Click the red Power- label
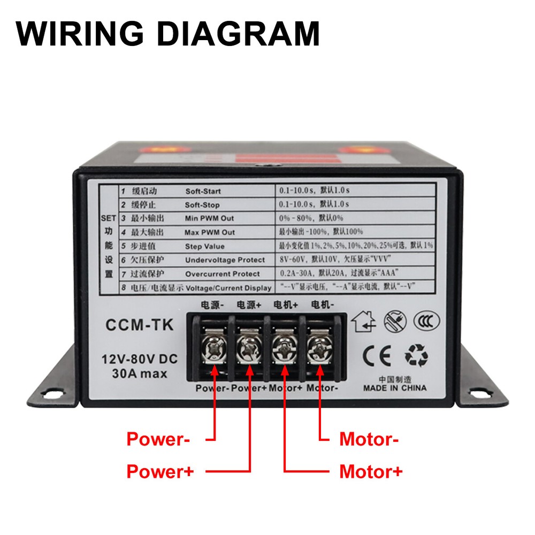pyautogui.click(x=158, y=440)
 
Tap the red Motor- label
pyautogui.click(x=369, y=440)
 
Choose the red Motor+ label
pyautogui.click(x=371, y=472)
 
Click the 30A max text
pyautogui.click(x=140, y=374)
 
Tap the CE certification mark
pyautogui.click(x=377, y=355)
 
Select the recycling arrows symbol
pyautogui.click(x=416, y=355)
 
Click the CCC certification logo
pyautogui.click(x=430, y=321)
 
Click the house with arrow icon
pyautogui.click(x=364, y=321)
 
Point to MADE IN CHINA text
pyautogui.click(x=395, y=388)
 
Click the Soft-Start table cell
pyautogui.click(x=203, y=191)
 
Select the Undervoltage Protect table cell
pyautogui.click(x=225, y=260)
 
